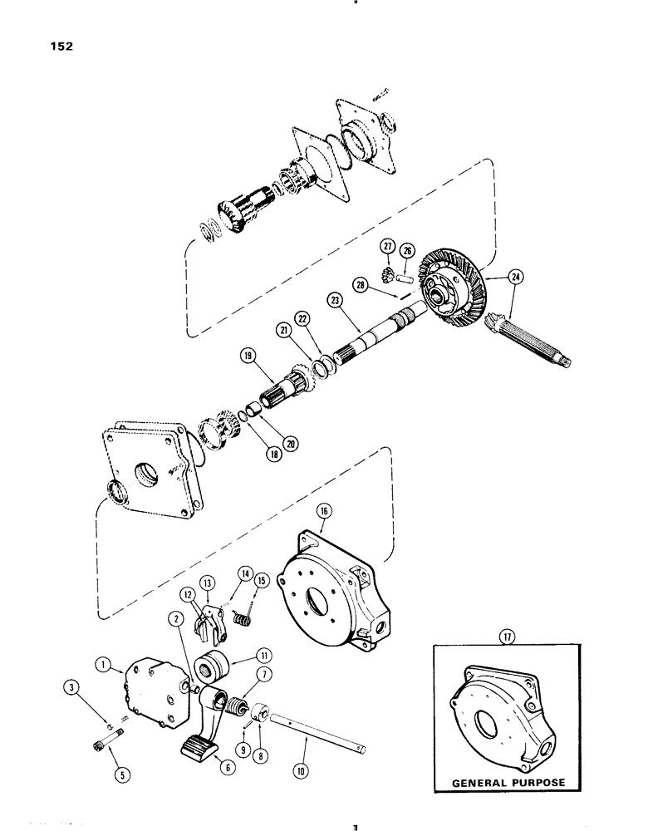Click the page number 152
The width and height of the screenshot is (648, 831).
[x=61, y=47]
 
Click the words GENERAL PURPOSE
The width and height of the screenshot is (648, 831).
[x=508, y=783]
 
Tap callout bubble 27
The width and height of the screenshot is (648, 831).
[x=386, y=245]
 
